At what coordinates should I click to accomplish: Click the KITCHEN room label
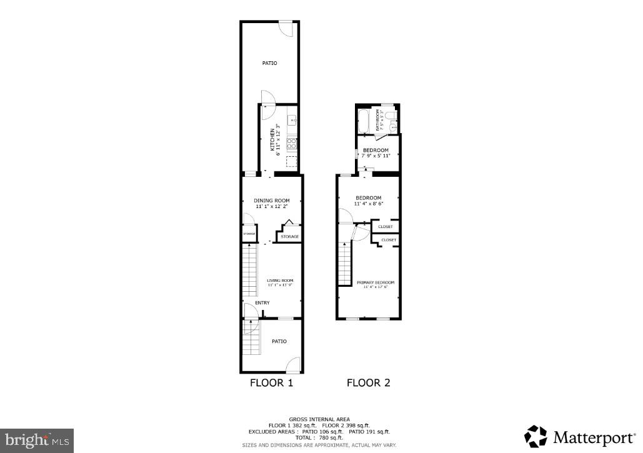coord(272,139)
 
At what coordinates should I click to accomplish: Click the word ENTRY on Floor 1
coord(262,303)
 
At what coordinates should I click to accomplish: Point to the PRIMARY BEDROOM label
coord(376,282)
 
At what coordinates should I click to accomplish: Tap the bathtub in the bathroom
coord(364,119)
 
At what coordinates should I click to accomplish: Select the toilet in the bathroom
coord(390,116)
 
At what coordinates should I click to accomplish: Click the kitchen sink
coord(291,118)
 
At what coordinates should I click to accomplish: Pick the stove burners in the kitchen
coord(291,144)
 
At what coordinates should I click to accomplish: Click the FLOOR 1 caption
coord(272,383)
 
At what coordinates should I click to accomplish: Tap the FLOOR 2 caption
coord(369,383)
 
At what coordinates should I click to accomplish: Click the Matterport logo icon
coord(536,436)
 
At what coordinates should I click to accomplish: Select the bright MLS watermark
coord(36,440)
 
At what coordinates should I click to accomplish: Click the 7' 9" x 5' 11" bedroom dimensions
coord(376,156)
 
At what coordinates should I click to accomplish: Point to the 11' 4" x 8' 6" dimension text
coord(368,204)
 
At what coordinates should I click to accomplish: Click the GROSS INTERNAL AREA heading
coord(319,419)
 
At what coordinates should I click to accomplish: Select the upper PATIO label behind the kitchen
coord(269,63)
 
